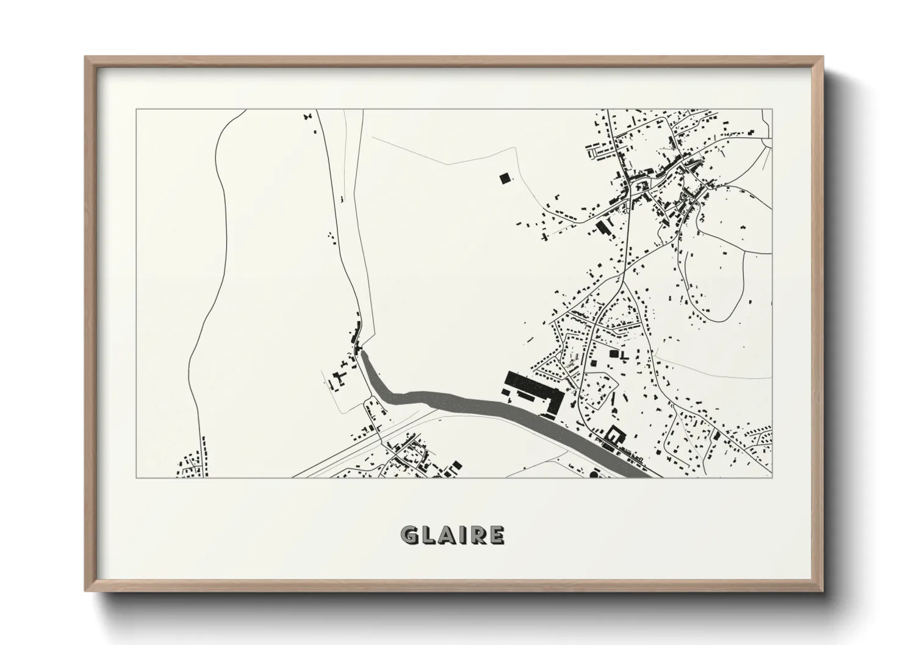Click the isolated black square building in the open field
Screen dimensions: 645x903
tap(504, 178)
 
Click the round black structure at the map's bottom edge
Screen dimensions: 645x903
tap(594, 473)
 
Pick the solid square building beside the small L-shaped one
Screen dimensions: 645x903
tap(614, 353)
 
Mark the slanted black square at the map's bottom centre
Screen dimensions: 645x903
tap(455, 466)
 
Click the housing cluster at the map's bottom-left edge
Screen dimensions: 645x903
tap(192, 465)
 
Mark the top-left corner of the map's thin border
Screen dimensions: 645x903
tap(136, 110)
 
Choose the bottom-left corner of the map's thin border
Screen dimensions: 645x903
tap(136, 477)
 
